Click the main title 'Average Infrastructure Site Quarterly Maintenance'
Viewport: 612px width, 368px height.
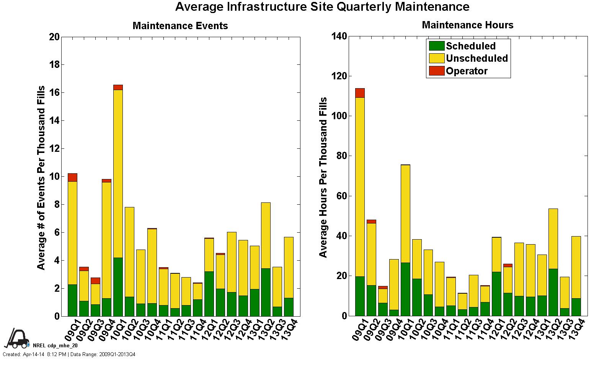(322, 7)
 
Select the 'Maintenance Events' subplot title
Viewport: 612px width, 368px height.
(180, 26)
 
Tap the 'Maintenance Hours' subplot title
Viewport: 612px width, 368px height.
(467, 25)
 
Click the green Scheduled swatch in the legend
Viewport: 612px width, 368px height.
(436, 46)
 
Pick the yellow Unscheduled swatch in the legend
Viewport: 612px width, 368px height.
(436, 58)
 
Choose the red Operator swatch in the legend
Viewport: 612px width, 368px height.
(436, 71)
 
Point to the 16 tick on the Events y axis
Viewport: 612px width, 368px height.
(54, 93)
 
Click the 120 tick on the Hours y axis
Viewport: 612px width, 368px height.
(340, 76)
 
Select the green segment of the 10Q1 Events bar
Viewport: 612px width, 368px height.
(118, 287)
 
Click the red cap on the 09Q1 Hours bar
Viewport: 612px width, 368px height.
(360, 93)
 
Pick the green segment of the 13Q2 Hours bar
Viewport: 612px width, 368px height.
(553, 292)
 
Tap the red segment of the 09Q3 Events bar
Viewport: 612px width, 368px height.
(95, 281)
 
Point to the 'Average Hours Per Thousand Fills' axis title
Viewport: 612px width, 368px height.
(323, 177)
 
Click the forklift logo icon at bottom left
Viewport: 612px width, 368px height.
(17, 338)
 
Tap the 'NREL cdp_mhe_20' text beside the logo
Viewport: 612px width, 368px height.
(55, 345)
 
